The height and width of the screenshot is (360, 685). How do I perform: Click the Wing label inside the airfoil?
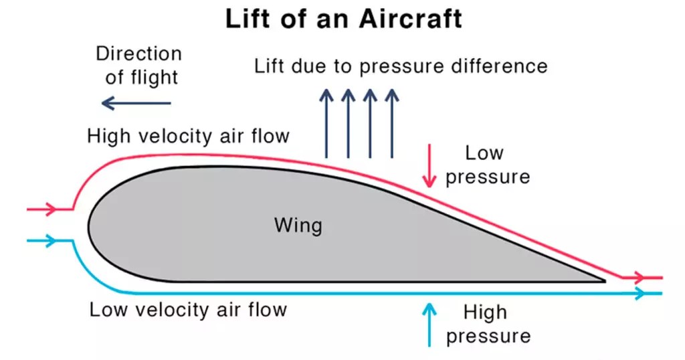point(298,225)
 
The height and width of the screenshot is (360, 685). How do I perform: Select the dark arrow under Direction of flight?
point(136,103)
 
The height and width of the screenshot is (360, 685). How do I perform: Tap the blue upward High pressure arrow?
point(429,324)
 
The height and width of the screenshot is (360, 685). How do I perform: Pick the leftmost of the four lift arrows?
point(326,124)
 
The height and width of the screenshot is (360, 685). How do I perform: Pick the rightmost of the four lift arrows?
point(391,124)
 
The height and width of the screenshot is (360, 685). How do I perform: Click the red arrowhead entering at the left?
point(50,209)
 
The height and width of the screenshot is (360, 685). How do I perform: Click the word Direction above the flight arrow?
point(138,54)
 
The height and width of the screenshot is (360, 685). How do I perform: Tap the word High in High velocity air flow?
point(109,136)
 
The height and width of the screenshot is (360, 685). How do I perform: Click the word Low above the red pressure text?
point(484,153)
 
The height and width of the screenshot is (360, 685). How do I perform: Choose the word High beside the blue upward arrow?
point(484,312)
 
